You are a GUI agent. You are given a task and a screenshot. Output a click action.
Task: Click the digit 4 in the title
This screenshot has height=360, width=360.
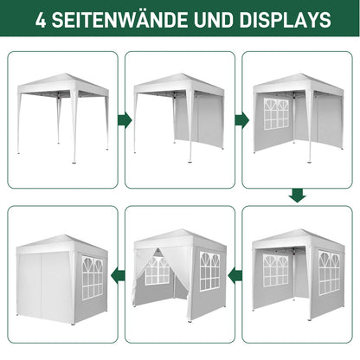tap(41, 20)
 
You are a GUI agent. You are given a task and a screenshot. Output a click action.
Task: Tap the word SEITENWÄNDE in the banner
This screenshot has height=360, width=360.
tap(119, 19)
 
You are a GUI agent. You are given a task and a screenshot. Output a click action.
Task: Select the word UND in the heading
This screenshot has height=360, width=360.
tap(214, 20)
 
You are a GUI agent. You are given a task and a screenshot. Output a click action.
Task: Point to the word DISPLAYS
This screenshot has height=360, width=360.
tap(285, 20)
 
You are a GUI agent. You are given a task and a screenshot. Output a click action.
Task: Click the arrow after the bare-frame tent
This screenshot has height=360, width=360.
tap(125, 119)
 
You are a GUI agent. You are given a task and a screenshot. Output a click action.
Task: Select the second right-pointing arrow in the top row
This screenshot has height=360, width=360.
tap(242, 119)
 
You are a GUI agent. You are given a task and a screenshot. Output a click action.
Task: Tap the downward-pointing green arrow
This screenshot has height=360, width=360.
tap(297, 196)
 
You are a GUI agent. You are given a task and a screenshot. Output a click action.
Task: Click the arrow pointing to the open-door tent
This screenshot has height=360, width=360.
tap(235, 276)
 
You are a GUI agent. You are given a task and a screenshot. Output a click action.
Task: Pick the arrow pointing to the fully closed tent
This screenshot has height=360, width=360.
tap(118, 275)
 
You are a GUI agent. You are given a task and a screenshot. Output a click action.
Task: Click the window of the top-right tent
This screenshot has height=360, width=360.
tap(276, 114)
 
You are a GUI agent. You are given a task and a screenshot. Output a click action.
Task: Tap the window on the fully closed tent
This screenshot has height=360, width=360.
tap(93, 278)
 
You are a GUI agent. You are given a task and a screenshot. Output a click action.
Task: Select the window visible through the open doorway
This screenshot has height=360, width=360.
tap(157, 271)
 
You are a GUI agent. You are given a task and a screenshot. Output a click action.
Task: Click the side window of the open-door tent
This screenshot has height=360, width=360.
tap(210, 271)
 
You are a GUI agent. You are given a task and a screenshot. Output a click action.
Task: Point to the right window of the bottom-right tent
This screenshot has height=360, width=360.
tap(329, 273)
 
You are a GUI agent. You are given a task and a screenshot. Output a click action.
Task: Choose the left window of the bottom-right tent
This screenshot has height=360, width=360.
tap(275, 270)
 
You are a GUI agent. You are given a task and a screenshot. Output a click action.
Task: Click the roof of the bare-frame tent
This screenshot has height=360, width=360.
tap(63, 84)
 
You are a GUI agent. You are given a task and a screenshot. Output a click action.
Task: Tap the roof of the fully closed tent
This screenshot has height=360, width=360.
tap(62, 244)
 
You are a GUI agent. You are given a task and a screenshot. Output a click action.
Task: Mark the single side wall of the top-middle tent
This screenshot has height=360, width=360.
tap(199, 119)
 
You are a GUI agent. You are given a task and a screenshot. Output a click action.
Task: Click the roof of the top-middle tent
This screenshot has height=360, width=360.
tap(179, 84)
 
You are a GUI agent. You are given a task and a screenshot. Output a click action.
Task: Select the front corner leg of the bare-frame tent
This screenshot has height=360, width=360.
tap(74, 126)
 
